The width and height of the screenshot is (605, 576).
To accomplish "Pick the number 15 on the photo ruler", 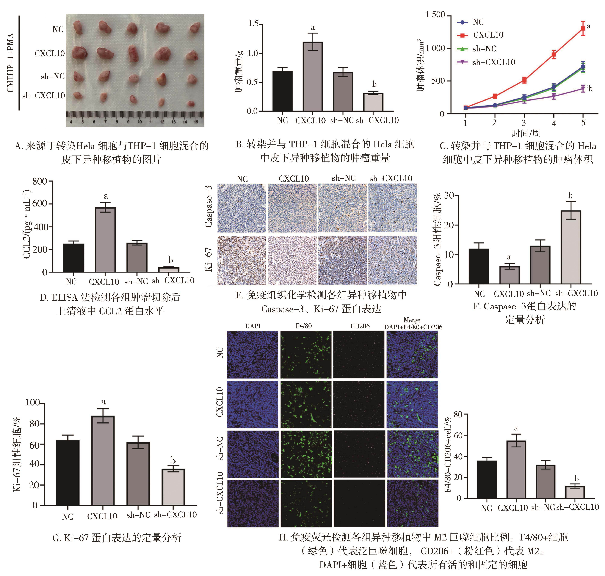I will [x=196, y=122].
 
